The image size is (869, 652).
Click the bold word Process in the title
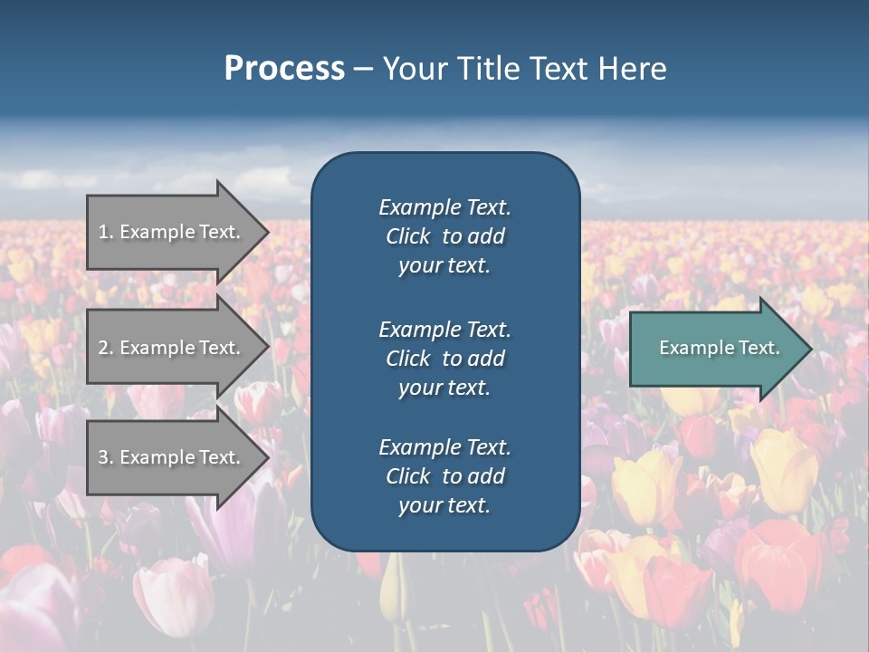point(284,69)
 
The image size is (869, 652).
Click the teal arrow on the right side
point(715,348)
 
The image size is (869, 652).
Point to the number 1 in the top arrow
point(103,232)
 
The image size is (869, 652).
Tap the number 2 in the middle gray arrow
point(103,348)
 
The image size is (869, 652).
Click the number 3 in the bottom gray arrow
point(103,457)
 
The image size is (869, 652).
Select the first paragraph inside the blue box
point(444,236)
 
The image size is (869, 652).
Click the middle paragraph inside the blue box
point(444,359)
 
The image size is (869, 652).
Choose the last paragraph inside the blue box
point(444,476)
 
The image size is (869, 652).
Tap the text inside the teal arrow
point(720,348)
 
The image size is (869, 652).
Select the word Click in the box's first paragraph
point(408,236)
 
